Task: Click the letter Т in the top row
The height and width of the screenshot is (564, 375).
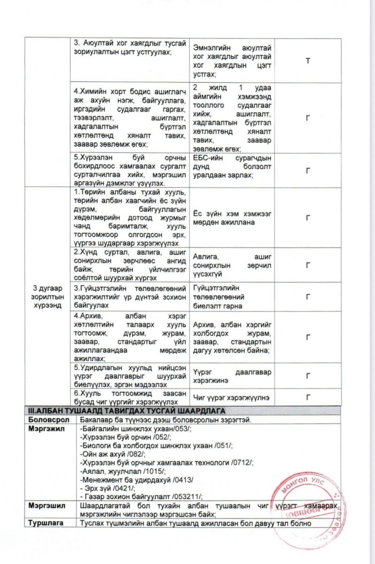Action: tap(308, 61)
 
